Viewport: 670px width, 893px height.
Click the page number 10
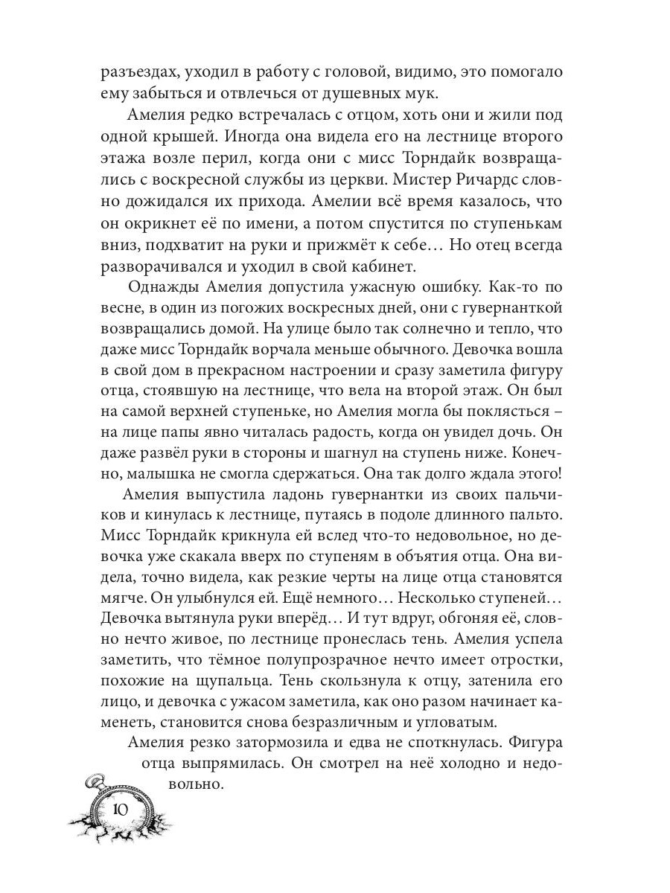[119, 810]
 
